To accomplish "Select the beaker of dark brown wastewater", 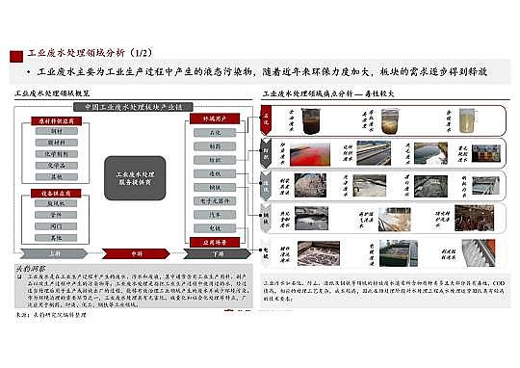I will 314,121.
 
